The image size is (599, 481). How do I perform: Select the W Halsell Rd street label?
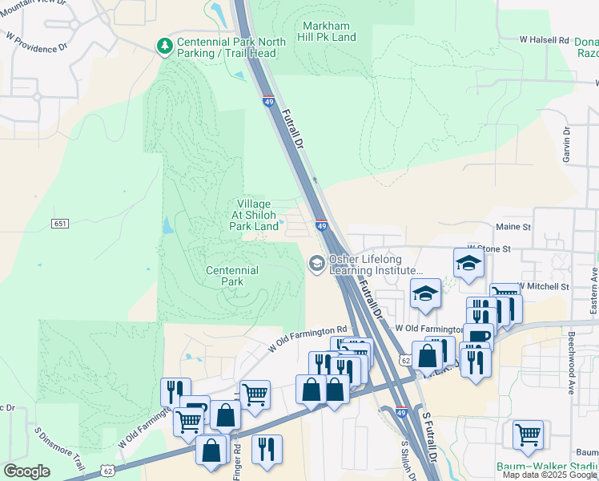[544, 39]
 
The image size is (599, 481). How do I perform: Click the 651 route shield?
[60, 223]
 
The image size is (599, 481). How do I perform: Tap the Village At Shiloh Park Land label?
[254, 215]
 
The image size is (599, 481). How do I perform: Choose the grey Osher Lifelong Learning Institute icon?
[316, 262]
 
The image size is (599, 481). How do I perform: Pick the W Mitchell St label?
[544, 285]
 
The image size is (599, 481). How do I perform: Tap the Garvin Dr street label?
[565, 141]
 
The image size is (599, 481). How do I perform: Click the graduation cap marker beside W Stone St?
[468, 262]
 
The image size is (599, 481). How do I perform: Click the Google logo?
[26, 471]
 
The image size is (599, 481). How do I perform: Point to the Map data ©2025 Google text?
[549, 475]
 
